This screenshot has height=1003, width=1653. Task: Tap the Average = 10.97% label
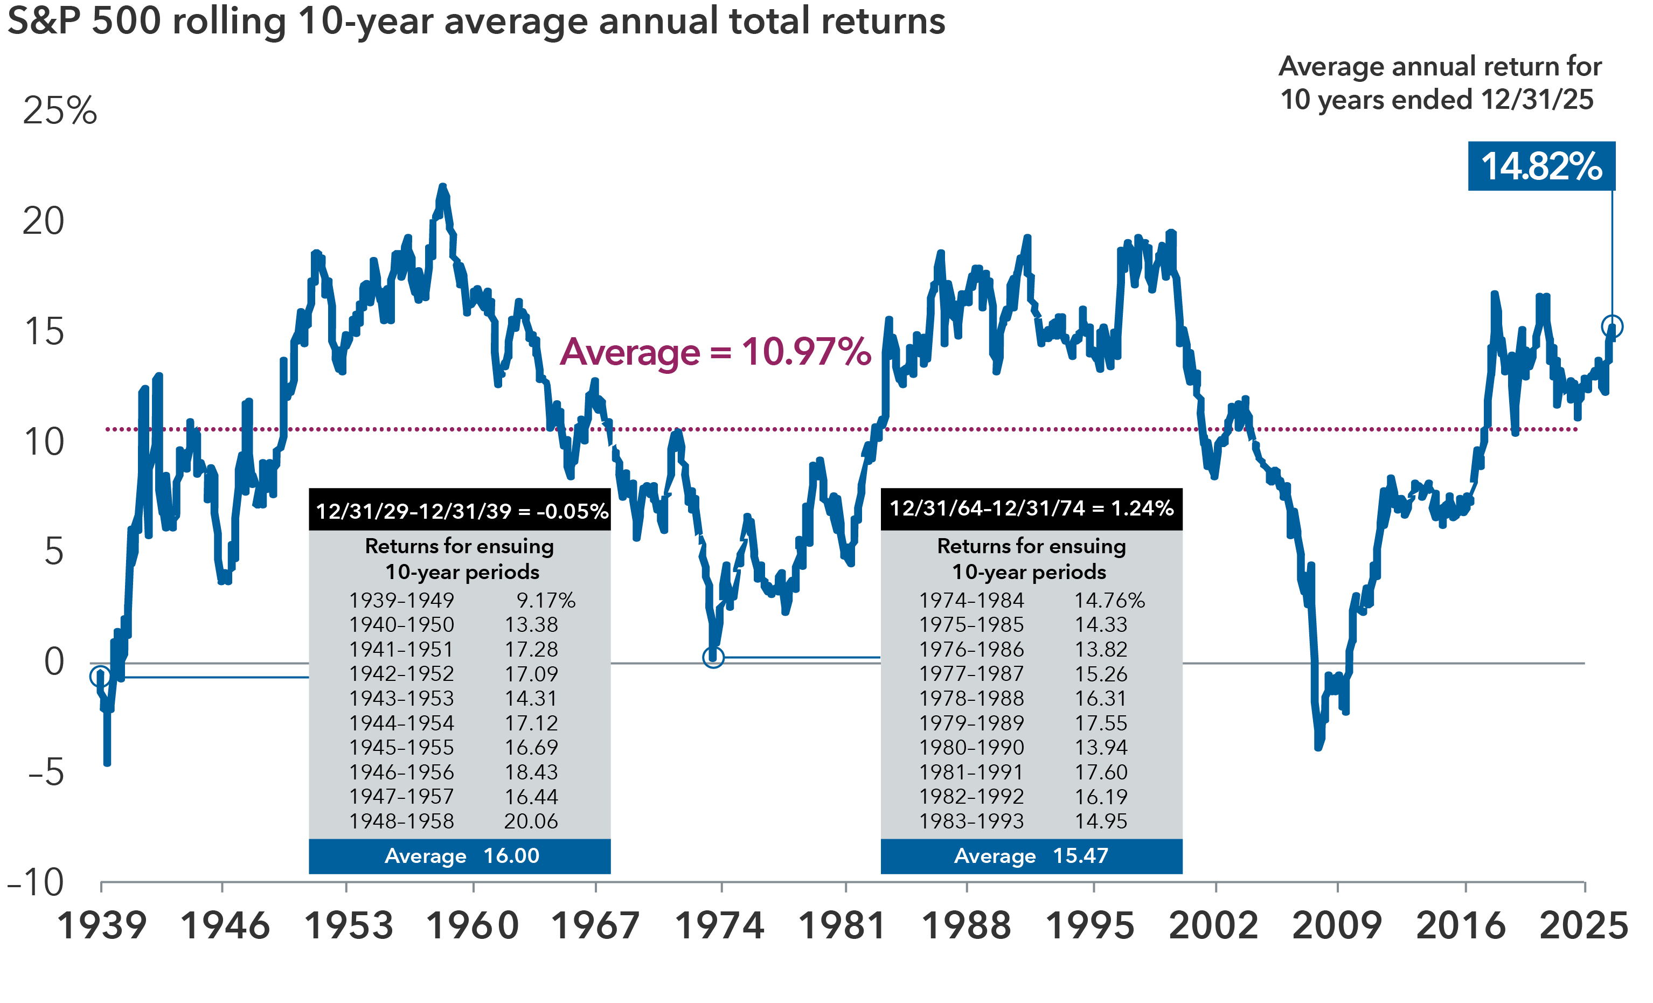[715, 352]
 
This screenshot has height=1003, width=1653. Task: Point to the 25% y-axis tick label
[60, 111]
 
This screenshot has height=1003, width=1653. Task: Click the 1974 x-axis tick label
[719, 926]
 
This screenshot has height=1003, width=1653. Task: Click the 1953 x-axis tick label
[348, 926]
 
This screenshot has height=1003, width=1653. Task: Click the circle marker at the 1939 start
[100, 676]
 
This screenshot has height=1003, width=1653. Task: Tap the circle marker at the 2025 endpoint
[1612, 327]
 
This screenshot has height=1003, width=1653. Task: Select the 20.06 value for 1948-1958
[531, 821]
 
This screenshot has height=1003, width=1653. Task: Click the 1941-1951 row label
[401, 650]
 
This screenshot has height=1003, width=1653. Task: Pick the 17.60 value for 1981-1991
[1101, 772]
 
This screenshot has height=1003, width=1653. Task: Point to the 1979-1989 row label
[971, 723]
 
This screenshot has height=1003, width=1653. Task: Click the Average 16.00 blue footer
[460, 856]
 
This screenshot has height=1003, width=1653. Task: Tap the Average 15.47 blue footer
[1031, 856]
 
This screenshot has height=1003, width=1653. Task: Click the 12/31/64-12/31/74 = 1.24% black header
[1031, 509]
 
